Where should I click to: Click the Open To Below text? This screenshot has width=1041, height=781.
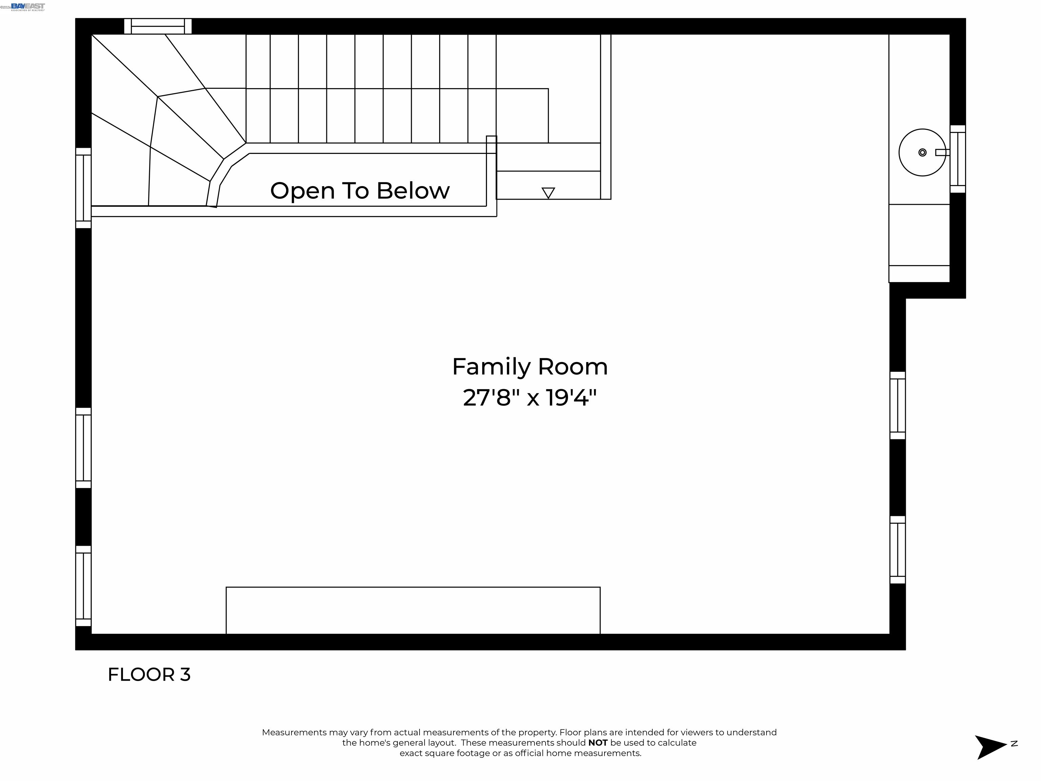click(360, 191)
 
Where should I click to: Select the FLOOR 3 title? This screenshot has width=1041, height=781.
click(149, 675)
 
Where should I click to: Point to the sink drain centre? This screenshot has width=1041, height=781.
click(922, 153)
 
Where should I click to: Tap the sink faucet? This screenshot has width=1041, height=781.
click(941, 152)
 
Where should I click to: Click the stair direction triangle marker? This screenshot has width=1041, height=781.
click(548, 193)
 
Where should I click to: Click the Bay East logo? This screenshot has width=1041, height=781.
click(28, 6)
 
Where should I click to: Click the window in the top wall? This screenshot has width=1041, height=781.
click(158, 26)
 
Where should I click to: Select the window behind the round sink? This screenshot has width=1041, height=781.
click(957, 159)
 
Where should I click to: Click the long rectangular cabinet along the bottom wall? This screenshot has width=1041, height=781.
click(413, 610)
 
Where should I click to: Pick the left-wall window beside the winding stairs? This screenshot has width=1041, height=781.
click(83, 188)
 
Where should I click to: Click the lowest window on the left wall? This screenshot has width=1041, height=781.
click(83, 586)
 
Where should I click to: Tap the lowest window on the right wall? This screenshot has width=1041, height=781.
click(897, 550)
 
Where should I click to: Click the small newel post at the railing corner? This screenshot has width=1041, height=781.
click(491, 144)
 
